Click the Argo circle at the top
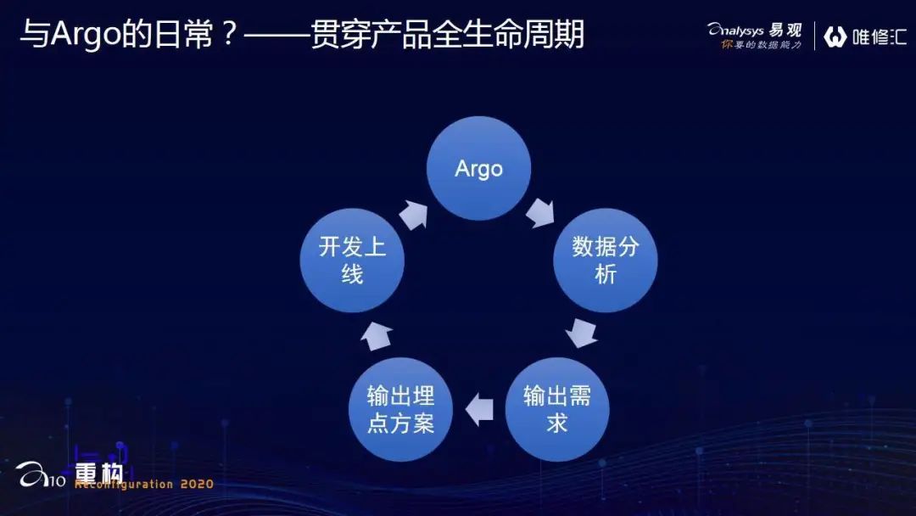tap(478, 168)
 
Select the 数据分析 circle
tap(605, 260)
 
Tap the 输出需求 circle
tap(556, 409)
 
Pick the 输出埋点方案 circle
tap(400, 409)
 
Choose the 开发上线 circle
tap(352, 260)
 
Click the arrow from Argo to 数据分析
tap(539, 212)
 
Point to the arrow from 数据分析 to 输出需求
tap(582, 332)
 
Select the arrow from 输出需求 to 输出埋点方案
tap(480, 408)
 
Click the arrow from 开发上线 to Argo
tap(413, 214)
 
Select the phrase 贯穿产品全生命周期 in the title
tap(447, 36)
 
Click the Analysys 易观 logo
tap(754, 30)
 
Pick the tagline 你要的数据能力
tap(761, 44)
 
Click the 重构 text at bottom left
tap(99, 472)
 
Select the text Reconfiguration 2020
tap(144, 485)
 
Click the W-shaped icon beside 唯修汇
tap(835, 36)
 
